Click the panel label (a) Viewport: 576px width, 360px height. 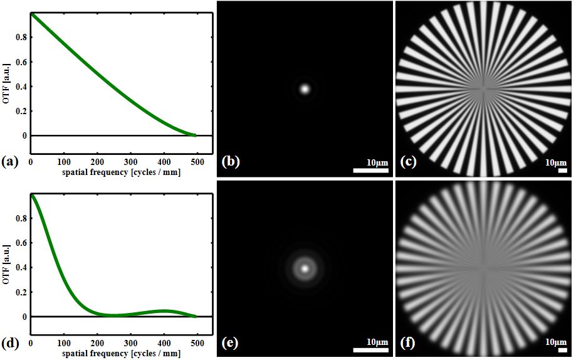(10, 162)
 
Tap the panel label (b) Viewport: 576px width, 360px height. (231, 162)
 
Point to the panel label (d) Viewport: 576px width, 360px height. (10, 343)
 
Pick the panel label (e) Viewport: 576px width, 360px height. (231, 343)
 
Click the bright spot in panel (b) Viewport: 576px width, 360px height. (305, 88)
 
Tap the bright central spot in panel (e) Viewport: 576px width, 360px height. (305, 268)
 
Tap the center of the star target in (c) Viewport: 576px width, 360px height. (483, 88)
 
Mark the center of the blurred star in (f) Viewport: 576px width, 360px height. (483, 268)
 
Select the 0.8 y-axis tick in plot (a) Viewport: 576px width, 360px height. (23, 37)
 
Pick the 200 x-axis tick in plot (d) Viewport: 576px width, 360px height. (97, 342)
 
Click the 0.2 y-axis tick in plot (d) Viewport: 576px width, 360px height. (23, 292)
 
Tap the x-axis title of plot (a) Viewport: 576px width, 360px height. (113, 171)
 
